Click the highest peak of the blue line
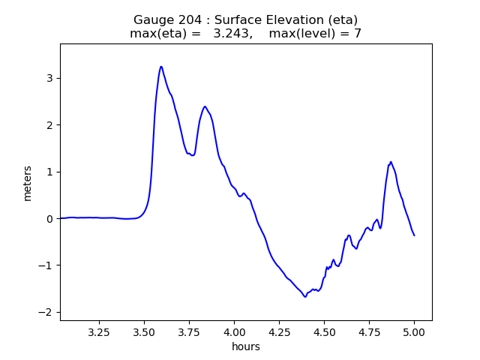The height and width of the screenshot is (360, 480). click(161, 67)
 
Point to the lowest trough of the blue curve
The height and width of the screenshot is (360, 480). click(305, 297)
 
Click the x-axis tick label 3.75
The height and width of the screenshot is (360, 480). click(189, 331)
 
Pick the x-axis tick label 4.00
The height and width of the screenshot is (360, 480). click(234, 331)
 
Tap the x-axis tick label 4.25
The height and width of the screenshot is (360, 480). click(279, 331)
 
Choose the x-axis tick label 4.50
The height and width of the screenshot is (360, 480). click(324, 331)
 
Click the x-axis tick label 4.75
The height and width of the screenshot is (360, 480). click(369, 331)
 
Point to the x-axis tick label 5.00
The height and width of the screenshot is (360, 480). click(414, 331)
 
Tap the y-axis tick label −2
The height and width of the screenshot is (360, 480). click(47, 313)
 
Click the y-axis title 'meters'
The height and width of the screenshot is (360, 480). click(28, 183)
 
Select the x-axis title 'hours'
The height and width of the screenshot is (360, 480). click(246, 346)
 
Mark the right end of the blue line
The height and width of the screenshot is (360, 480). click(414, 235)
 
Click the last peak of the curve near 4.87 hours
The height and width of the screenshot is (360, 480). click(391, 162)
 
